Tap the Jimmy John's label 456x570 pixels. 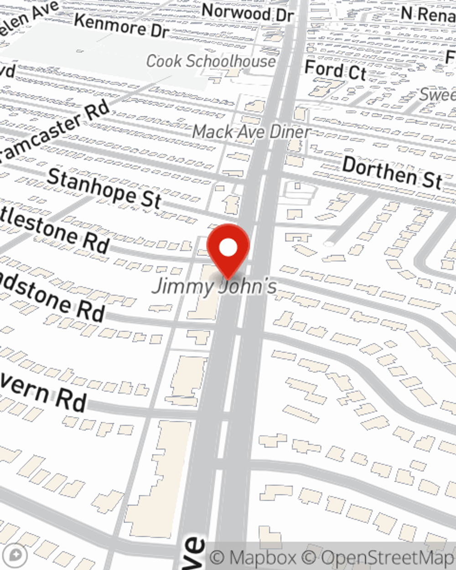click(x=214, y=287)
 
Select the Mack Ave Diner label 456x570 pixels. click(x=251, y=132)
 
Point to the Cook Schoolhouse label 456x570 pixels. click(x=211, y=61)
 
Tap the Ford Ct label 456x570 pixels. click(x=335, y=71)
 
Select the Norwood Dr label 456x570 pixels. click(x=247, y=13)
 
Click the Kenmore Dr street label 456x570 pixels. click(x=121, y=26)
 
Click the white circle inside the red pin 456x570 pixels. click(x=228, y=248)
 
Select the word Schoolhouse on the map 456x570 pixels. click(x=237, y=61)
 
